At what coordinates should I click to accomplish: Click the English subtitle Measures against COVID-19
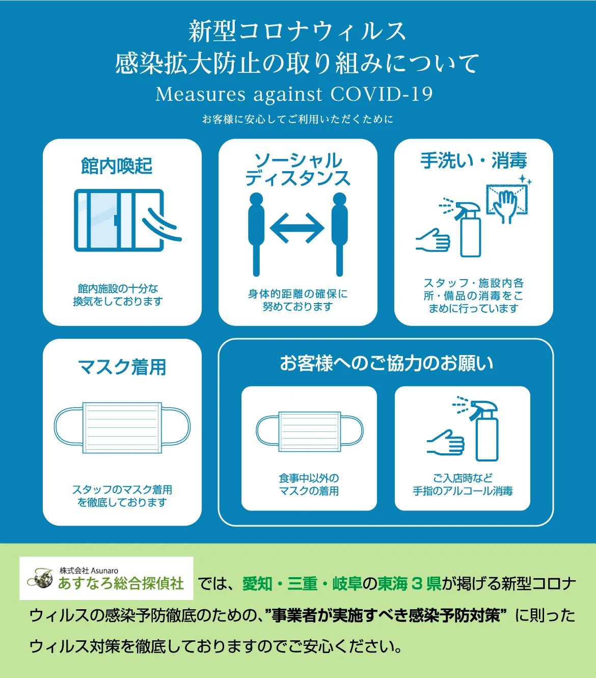[294, 94]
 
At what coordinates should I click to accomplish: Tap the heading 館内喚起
[117, 166]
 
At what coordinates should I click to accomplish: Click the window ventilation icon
[127, 220]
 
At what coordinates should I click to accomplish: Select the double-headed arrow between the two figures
[297, 228]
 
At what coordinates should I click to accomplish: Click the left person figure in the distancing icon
[256, 234]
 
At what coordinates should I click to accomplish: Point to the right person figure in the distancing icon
[340, 234]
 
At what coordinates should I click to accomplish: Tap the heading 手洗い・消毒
[474, 160]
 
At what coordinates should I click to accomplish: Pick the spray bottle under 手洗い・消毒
[467, 228]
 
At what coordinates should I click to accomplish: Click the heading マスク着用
[122, 367]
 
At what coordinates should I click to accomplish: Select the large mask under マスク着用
[122, 428]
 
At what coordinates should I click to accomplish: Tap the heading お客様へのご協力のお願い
[387, 363]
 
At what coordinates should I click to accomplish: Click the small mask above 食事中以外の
[310, 431]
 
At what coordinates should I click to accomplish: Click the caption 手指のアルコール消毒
[463, 491]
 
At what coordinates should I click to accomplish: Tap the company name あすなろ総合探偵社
[121, 583]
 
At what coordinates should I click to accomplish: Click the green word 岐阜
[347, 584]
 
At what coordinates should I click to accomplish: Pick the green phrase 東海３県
[409, 584]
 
